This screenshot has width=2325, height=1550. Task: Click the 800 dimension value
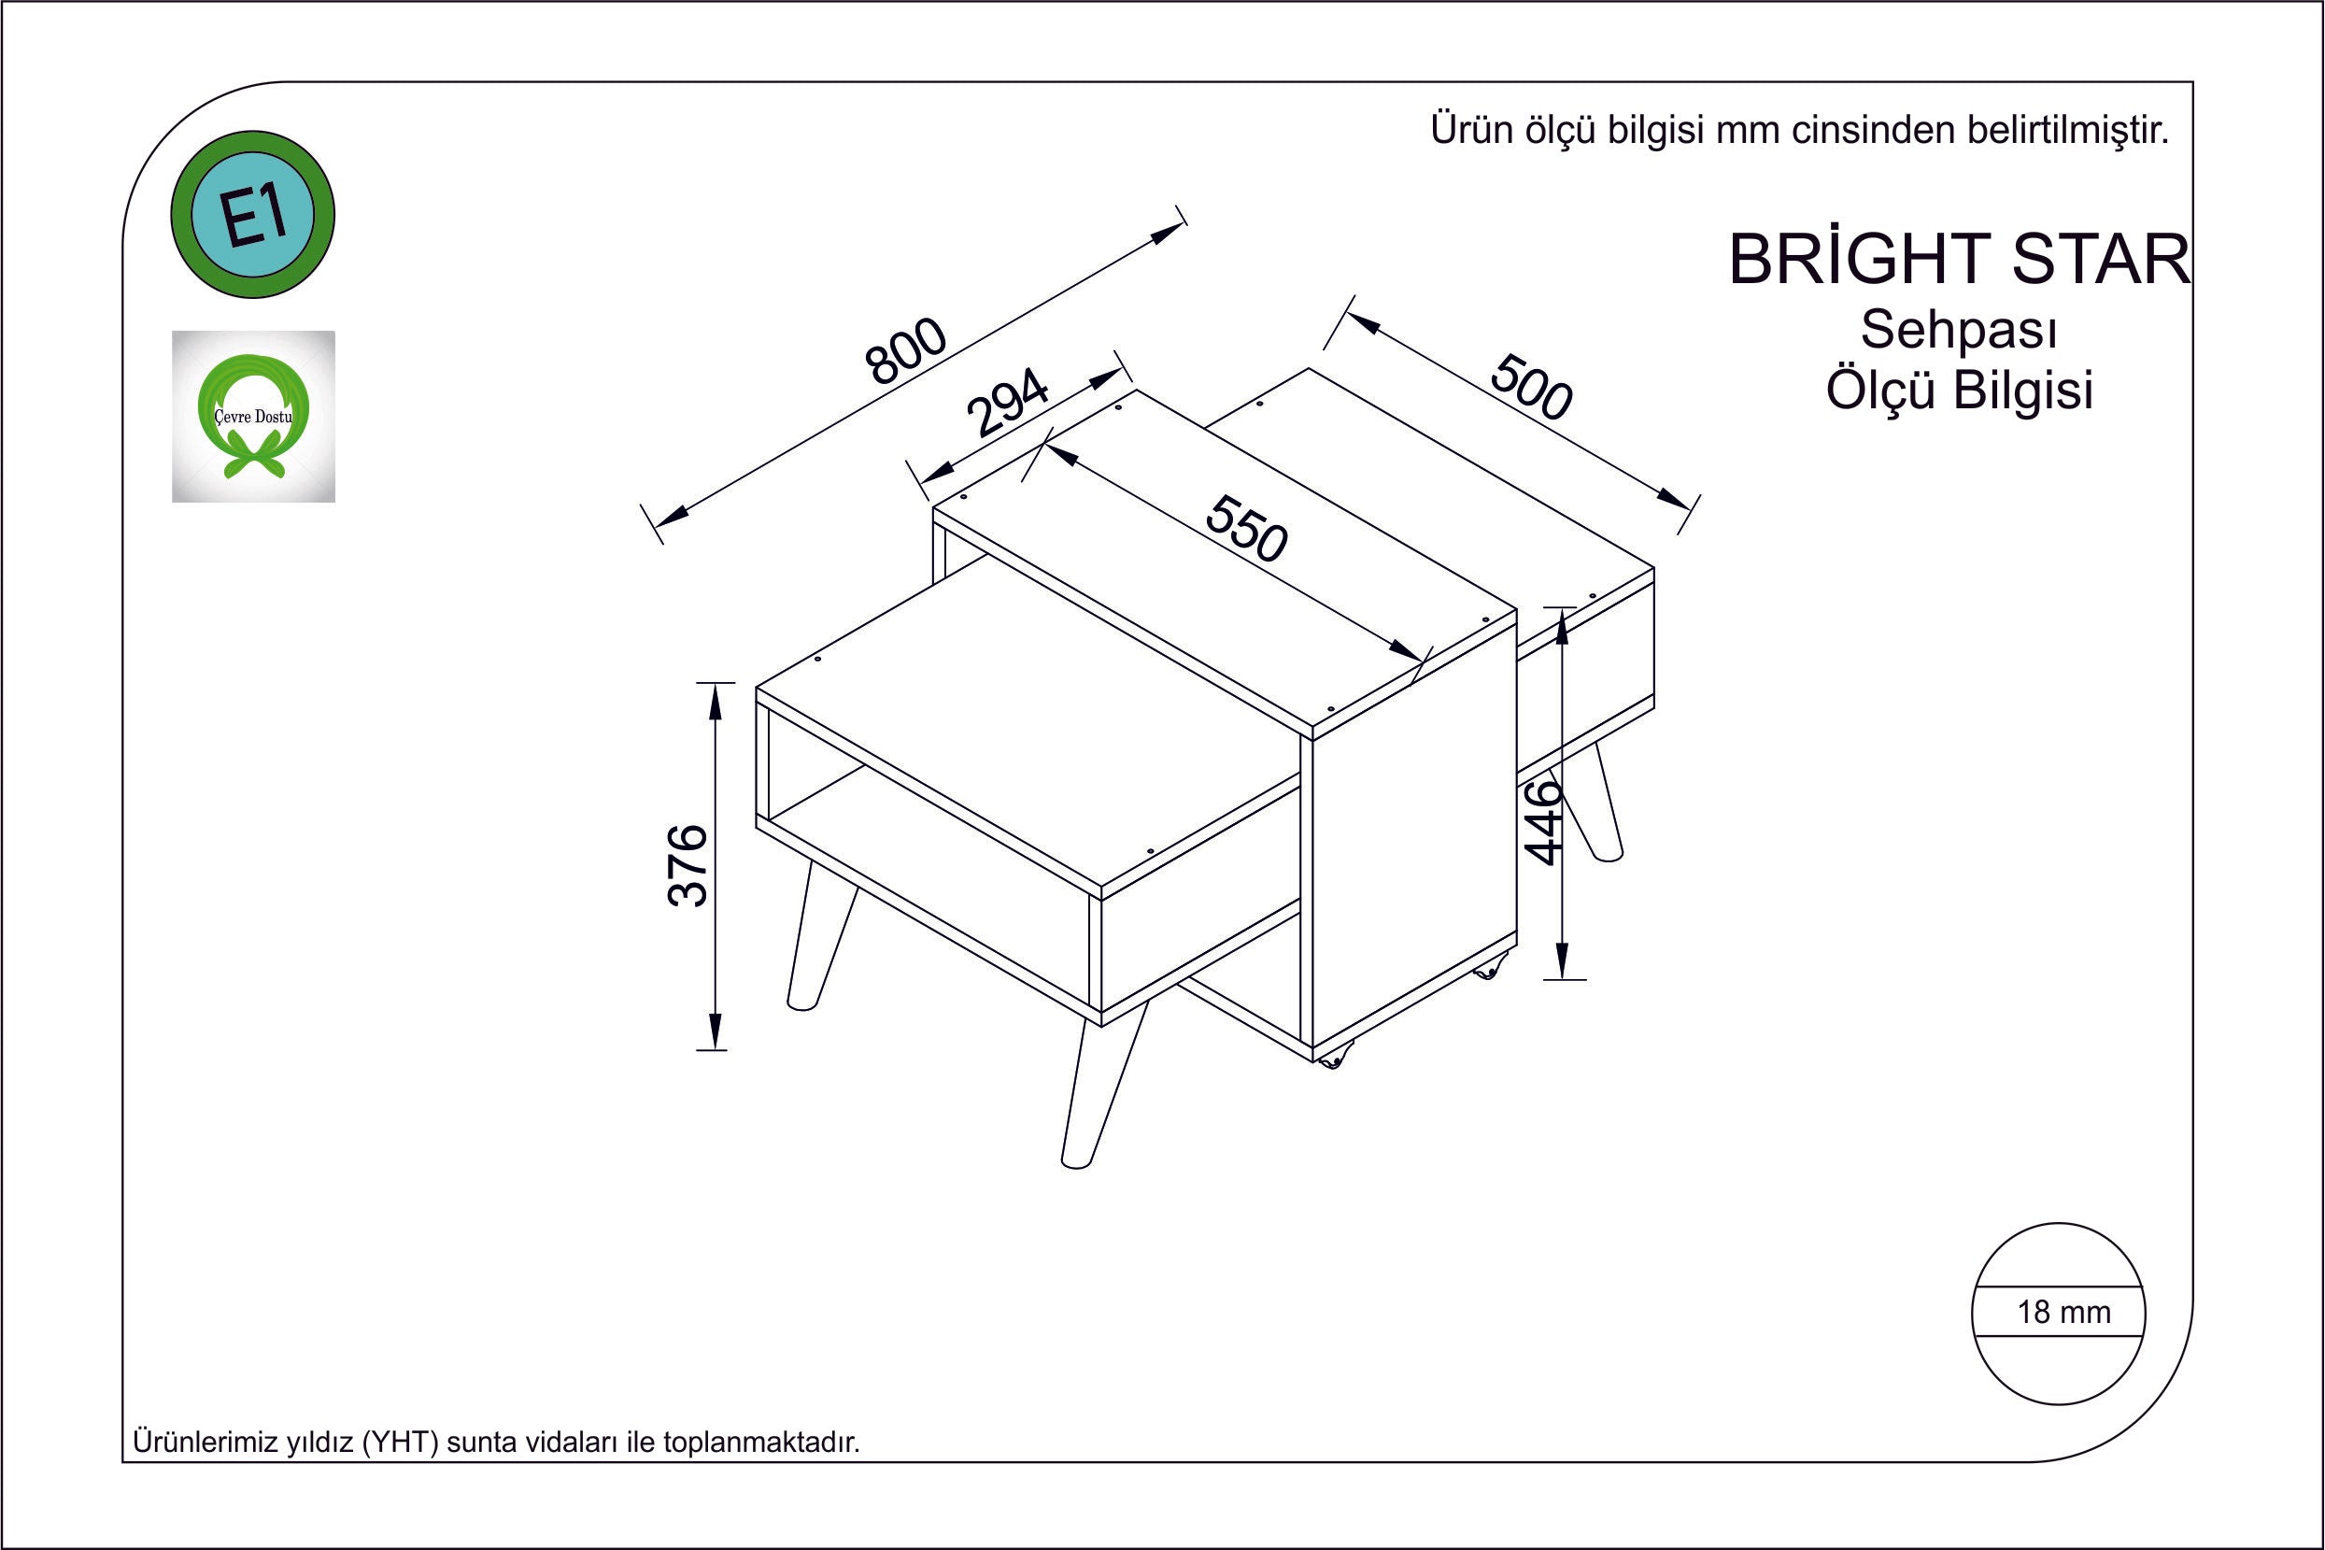905,351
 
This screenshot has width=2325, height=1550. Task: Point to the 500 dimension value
1531,387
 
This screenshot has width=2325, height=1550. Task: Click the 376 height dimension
688,865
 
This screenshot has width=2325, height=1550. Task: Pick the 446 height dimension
1542,822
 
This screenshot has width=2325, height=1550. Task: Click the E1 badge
253,215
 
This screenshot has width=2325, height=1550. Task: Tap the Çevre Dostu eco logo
254,416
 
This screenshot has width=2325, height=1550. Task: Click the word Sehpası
1959,330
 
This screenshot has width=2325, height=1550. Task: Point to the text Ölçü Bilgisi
1960,390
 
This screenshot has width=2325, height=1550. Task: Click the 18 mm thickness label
2063,1312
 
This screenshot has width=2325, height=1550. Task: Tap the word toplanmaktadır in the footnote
761,1443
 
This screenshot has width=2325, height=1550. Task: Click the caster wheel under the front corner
1330,1059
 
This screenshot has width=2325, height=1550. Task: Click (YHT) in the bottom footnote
399,1443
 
